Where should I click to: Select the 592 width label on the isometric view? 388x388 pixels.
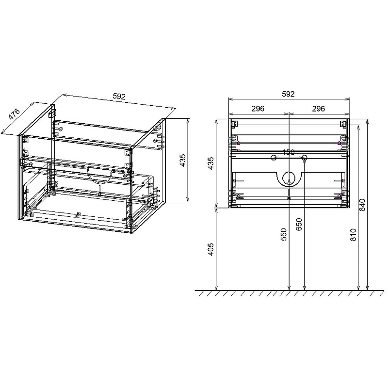(x=119, y=97)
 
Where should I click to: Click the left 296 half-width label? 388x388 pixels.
(x=258, y=109)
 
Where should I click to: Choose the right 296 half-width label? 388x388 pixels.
(x=318, y=109)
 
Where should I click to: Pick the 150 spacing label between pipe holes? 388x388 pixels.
(x=289, y=152)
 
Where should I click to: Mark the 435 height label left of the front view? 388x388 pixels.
(x=211, y=163)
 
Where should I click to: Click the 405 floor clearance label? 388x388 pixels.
(x=211, y=249)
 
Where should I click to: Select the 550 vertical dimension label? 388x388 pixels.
(x=284, y=234)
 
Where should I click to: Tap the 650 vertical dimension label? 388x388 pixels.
(x=299, y=225)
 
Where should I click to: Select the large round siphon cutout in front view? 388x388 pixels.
(x=289, y=178)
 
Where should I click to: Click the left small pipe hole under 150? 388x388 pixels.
(x=274, y=158)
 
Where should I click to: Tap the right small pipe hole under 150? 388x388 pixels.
(x=304, y=158)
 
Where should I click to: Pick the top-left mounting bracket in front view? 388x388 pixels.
(x=233, y=123)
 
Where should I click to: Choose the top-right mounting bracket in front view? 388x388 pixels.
(x=343, y=123)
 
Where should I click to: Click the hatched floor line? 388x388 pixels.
(x=289, y=293)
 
